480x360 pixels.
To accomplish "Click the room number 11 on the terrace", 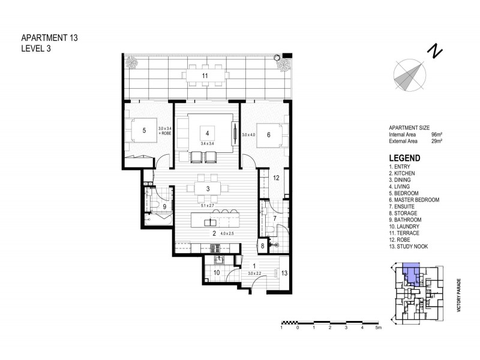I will [205, 76].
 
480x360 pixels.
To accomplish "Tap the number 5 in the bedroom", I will [144, 130].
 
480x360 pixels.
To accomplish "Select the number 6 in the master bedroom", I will [268, 135].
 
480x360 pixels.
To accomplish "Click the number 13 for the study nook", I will [284, 272].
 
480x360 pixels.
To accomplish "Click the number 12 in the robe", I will [276, 178].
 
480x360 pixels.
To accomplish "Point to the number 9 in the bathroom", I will [156, 206].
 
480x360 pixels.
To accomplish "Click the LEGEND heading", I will [404, 158].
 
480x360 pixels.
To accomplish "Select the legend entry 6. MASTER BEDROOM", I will [415, 199].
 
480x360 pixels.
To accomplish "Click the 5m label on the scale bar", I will [378, 328].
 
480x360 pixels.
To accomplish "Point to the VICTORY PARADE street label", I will [457, 294].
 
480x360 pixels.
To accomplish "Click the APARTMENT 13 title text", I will [49, 38].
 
